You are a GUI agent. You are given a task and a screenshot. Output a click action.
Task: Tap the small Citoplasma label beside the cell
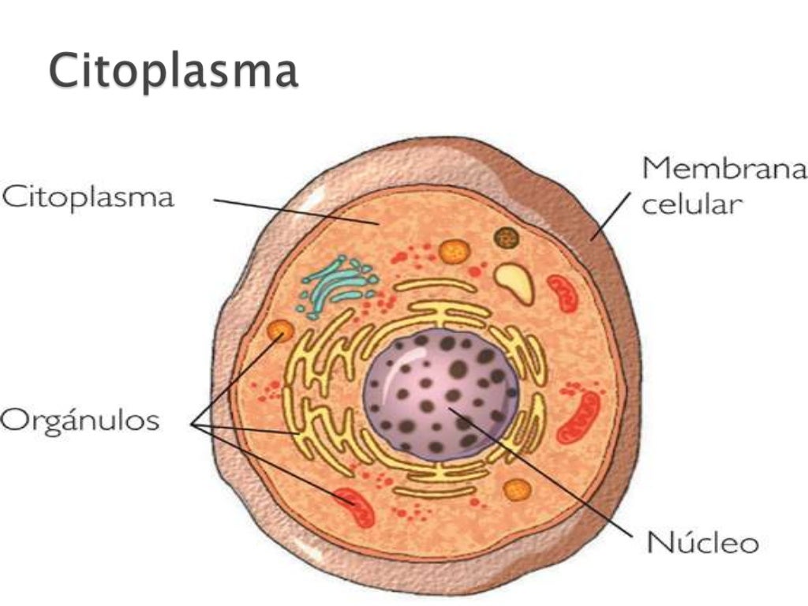pyautogui.click(x=88, y=198)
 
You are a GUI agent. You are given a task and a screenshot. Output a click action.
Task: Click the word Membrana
pyautogui.click(x=724, y=168)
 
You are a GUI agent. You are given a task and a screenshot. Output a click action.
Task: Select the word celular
pyautogui.click(x=691, y=204)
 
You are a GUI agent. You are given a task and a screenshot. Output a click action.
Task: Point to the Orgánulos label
pyautogui.click(x=80, y=420)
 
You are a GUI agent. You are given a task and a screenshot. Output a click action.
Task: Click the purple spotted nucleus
pyautogui.click(x=441, y=395)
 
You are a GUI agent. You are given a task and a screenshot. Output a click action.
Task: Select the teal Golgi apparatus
pyautogui.click(x=338, y=286)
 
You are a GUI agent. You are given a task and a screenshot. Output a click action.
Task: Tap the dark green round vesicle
pyautogui.click(x=506, y=238)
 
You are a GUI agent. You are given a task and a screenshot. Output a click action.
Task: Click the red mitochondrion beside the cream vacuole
pyautogui.click(x=562, y=294)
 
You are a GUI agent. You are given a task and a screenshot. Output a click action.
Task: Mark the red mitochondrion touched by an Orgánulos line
pyautogui.click(x=355, y=507)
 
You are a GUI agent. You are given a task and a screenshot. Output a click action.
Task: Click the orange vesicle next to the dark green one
pyautogui.click(x=454, y=252)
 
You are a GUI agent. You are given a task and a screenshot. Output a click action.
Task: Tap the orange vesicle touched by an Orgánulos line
pyautogui.click(x=280, y=331)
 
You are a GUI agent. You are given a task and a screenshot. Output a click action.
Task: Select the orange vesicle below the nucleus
pyautogui.click(x=517, y=490)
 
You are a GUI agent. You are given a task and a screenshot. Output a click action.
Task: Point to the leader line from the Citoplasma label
pyautogui.click(x=297, y=211)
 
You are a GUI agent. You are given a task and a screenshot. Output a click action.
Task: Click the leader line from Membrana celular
pyautogui.click(x=610, y=216)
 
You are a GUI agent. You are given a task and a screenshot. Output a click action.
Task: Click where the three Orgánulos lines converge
pyautogui.click(x=193, y=424)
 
